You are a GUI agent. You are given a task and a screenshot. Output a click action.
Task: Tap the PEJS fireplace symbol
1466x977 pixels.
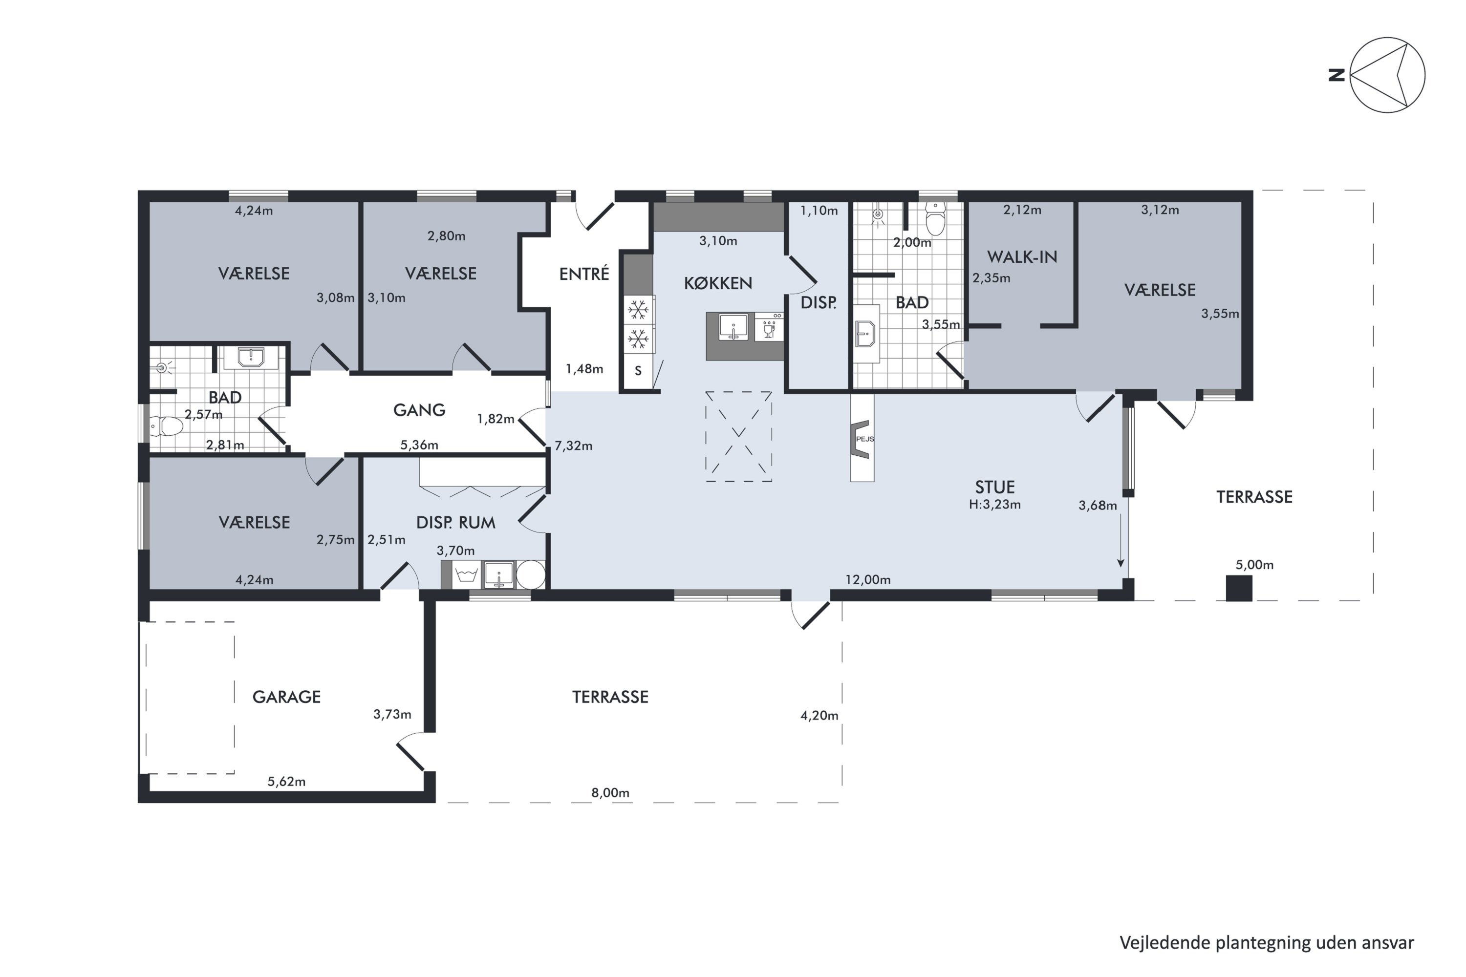point(862,439)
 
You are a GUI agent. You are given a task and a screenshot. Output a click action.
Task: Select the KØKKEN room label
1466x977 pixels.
point(718,283)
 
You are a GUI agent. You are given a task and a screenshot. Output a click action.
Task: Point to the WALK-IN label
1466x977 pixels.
point(1022,257)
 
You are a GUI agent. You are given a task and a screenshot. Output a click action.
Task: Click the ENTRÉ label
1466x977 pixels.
point(584,274)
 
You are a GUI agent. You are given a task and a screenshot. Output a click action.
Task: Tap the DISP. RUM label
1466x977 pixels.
point(455,522)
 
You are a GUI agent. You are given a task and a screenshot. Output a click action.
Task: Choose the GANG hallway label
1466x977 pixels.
point(419,410)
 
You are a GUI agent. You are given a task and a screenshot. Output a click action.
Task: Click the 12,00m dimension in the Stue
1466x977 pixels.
point(868,579)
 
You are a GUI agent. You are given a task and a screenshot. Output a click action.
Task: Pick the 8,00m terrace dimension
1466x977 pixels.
point(610,792)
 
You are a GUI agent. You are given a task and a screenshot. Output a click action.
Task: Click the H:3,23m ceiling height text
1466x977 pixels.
point(995,504)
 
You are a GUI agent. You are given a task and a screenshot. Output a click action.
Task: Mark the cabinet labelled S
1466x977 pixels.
point(638,371)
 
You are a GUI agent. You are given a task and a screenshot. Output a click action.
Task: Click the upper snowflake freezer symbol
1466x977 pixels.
point(638,310)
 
